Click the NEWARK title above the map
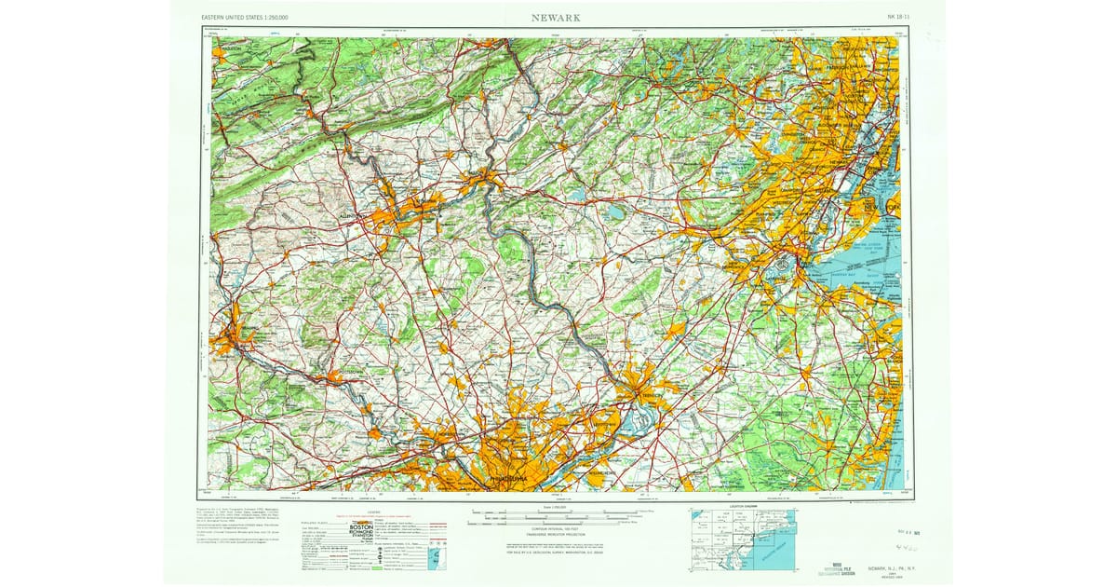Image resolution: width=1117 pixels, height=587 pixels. (x=558, y=17)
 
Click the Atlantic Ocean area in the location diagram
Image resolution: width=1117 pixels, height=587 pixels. (x=782, y=550)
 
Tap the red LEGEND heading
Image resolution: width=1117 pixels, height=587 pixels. (x=373, y=512)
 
